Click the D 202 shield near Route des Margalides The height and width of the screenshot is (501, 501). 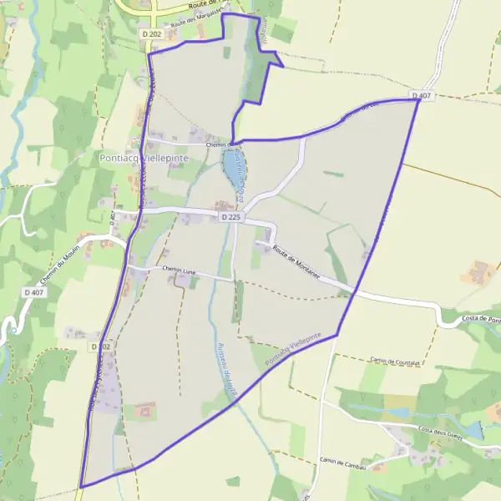point(151,33)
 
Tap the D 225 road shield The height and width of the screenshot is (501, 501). point(232,216)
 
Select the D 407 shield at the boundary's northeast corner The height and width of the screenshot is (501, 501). point(423,97)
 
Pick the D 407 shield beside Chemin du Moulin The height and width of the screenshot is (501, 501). point(33,292)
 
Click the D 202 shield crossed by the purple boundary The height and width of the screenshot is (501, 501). point(100,346)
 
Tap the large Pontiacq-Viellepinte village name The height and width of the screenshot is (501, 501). point(144,157)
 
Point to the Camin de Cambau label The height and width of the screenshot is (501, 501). point(344,460)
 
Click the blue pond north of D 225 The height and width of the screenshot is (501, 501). point(230,170)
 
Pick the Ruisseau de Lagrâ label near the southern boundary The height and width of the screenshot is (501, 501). point(226,365)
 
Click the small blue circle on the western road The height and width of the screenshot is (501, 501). point(13,331)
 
